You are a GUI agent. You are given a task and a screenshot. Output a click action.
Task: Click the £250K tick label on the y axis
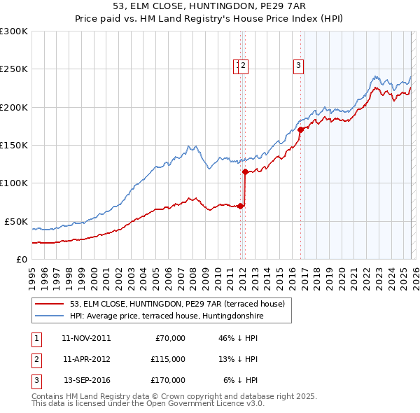click(x=14, y=69)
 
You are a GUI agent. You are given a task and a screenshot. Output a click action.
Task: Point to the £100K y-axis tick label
click(x=14, y=183)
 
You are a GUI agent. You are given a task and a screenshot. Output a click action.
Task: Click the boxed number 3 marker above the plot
click(x=298, y=66)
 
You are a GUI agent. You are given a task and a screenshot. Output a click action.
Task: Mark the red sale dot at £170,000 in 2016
click(x=300, y=129)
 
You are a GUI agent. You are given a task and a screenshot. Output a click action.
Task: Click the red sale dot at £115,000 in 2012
click(x=245, y=171)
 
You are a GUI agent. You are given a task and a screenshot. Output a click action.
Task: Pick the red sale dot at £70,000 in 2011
click(x=240, y=206)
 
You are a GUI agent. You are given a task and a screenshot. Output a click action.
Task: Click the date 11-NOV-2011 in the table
click(x=86, y=338)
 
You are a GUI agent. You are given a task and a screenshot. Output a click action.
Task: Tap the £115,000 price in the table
click(x=167, y=359)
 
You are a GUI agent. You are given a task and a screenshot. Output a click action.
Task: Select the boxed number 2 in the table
click(x=35, y=359)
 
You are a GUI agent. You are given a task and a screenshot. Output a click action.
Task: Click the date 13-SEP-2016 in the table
click(x=86, y=380)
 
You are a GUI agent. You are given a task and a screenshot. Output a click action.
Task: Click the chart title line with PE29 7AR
click(x=209, y=7)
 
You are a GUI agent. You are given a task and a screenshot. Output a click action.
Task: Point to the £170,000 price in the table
click(x=167, y=380)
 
